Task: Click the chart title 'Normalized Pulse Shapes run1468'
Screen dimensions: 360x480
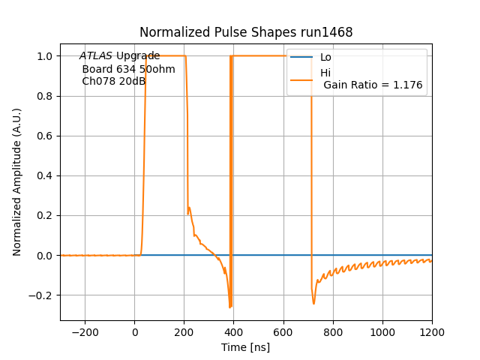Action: click(246, 32)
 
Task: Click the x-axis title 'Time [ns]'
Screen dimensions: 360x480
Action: click(245, 347)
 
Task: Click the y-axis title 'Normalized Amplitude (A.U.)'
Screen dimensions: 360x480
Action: click(17, 182)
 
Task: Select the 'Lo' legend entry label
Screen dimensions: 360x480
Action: click(325, 58)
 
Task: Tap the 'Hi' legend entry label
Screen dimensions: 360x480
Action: click(325, 73)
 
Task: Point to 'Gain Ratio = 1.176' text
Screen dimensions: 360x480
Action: click(373, 85)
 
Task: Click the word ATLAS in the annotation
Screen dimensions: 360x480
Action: click(96, 56)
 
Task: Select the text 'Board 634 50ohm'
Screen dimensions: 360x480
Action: click(128, 69)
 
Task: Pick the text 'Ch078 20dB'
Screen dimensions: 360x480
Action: click(113, 81)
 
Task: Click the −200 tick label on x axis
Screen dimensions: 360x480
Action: click(85, 332)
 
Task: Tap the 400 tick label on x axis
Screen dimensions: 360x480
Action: click(233, 332)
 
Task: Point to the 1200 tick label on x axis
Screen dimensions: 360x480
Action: click(431, 332)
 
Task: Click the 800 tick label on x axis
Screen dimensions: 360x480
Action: click(332, 332)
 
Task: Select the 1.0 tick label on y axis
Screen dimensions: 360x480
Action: click(44, 56)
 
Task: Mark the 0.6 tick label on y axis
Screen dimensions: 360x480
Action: click(44, 136)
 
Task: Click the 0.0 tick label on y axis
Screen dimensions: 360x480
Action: click(44, 255)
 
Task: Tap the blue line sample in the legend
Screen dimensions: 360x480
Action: click(301, 58)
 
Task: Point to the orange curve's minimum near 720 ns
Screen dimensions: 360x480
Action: click(313, 303)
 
